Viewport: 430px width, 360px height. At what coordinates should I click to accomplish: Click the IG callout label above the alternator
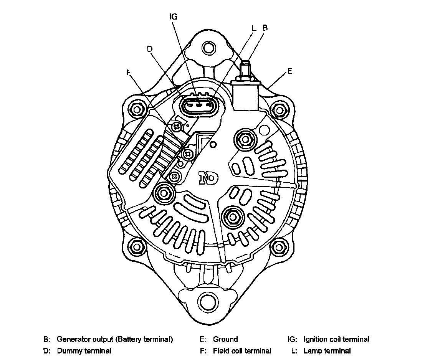pos(173,17)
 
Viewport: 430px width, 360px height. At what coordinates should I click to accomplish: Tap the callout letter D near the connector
pos(150,49)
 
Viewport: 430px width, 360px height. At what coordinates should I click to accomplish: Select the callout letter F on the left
pos(128,72)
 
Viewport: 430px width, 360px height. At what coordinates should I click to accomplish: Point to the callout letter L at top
pos(253,28)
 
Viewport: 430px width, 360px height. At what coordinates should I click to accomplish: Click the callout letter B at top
pos(265,28)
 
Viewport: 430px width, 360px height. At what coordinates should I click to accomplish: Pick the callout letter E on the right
pos(289,71)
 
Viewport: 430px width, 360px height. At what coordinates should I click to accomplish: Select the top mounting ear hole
pos(208,48)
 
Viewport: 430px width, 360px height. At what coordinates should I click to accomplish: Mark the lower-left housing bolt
pos(136,245)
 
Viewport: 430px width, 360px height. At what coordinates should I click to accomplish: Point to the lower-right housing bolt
pos(279,245)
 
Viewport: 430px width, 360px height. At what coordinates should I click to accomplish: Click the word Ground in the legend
pos(225,339)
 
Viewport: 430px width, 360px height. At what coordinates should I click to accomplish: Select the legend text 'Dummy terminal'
pos(84,351)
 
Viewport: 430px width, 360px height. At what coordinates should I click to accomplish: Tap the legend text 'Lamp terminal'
pos(327,351)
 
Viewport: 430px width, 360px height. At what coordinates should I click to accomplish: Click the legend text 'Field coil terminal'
pos(242,351)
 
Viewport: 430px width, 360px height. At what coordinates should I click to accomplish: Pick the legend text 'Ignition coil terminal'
pos(336,339)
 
